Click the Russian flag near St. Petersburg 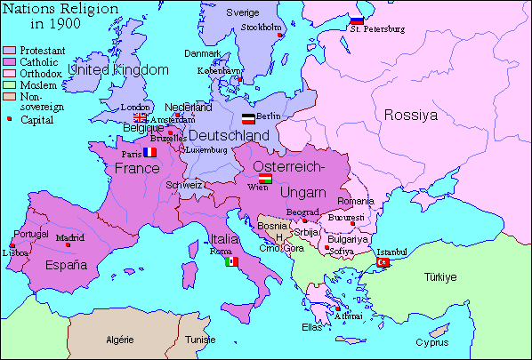[x=357, y=19]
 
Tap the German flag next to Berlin [x=248, y=117]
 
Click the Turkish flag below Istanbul [x=384, y=262]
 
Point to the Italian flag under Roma [x=231, y=262]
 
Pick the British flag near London [x=140, y=117]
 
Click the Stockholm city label [x=261, y=27]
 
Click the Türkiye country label [x=439, y=277]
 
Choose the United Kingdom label [x=118, y=69]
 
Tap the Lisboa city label [x=15, y=252]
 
